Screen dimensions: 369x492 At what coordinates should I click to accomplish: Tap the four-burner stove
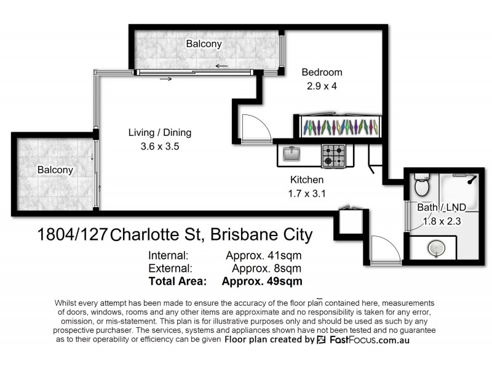point(334,156)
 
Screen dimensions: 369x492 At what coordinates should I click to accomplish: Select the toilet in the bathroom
point(421,184)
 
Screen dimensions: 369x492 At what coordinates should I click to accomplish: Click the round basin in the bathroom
point(436,248)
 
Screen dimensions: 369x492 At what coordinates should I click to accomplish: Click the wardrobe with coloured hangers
point(339,127)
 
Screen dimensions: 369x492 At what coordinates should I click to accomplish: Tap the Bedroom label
point(322,73)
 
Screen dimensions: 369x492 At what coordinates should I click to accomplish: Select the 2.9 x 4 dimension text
point(322,86)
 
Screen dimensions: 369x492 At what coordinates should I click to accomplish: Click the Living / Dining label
point(160,132)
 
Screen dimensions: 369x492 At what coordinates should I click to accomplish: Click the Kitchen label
point(307,180)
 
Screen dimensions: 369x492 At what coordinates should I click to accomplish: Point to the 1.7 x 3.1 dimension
point(307,194)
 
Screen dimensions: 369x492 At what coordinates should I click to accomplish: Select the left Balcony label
point(55,170)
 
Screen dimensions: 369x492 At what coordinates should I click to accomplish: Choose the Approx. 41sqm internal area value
point(264,255)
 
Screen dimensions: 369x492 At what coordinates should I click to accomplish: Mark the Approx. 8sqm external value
point(266,268)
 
